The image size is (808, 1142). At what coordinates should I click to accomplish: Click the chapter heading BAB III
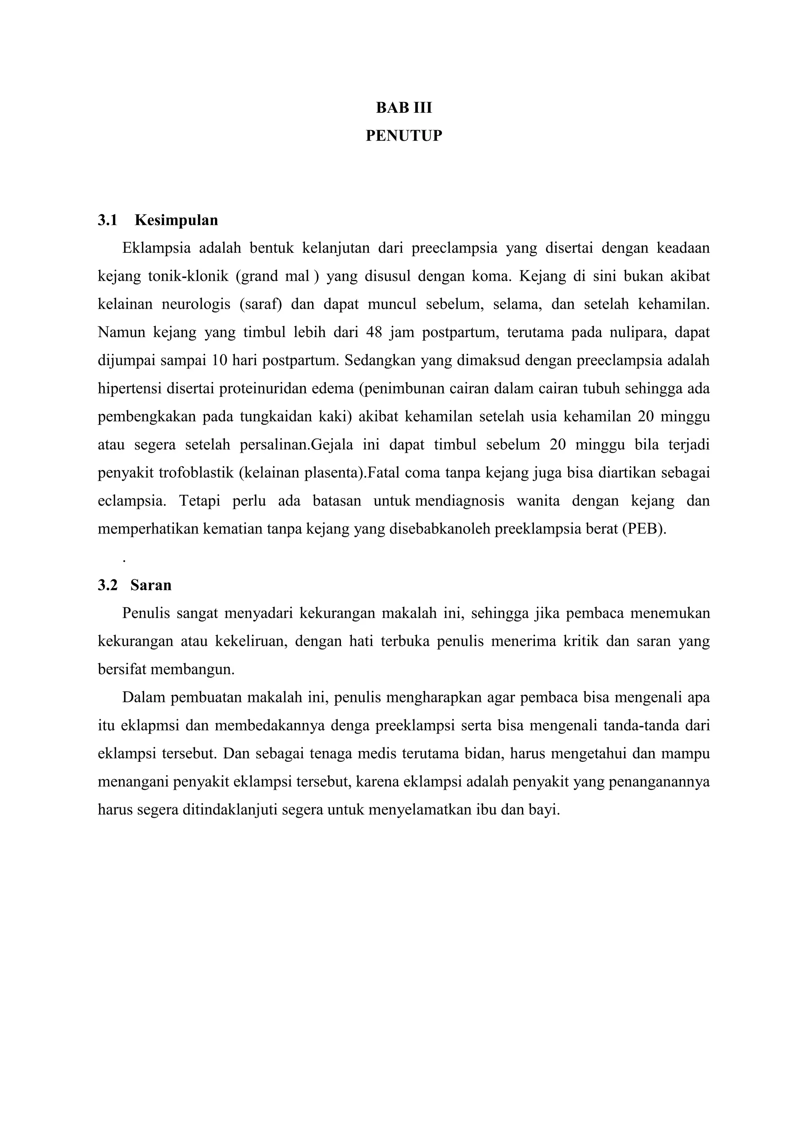[x=404, y=108]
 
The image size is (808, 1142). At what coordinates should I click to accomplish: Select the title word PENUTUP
[x=404, y=136]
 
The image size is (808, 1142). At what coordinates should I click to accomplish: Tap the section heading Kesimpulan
[x=176, y=220]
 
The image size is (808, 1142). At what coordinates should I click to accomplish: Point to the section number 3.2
[x=107, y=586]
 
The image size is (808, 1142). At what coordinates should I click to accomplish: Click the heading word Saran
[x=151, y=586]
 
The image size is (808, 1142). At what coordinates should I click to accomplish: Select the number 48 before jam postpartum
[x=374, y=332]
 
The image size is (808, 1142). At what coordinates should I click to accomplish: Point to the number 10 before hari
[x=219, y=360]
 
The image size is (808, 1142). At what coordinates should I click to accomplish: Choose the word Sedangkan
[x=379, y=360]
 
